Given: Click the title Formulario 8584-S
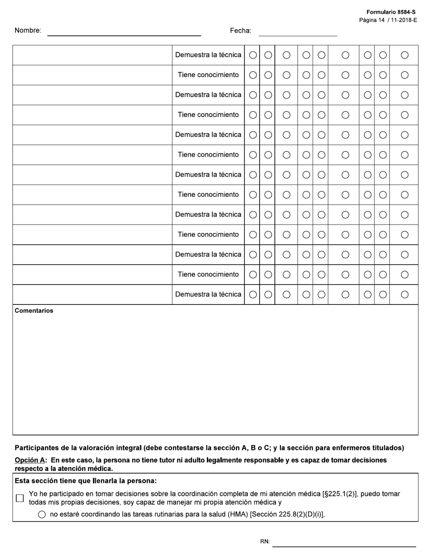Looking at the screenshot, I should pos(391,12).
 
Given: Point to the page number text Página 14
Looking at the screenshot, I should pos(372,20).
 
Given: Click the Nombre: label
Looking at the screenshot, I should pos(28,30).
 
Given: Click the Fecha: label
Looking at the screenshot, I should pos(240,30).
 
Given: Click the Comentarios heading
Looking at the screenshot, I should pos(34,311).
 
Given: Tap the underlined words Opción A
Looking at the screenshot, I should pos(30,460).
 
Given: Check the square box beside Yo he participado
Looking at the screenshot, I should pos(20,498).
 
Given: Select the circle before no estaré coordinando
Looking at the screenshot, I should pos(42,514).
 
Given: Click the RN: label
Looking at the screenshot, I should pos(265,542).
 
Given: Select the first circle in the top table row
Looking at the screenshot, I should pos(253,55).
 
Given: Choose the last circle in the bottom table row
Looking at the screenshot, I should pos(405,294).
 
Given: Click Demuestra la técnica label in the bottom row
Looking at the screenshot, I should pos(208,294).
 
